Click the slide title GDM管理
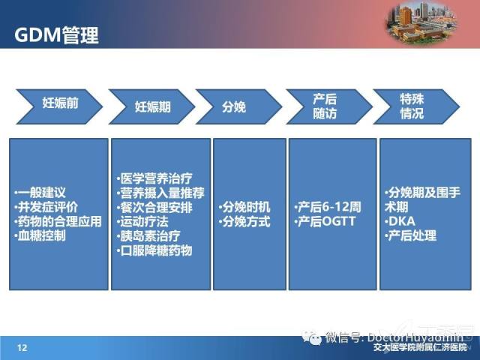pyautogui.click(x=56, y=35)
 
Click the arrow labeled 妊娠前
pyautogui.click(x=59, y=106)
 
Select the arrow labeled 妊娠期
pyautogui.click(x=151, y=106)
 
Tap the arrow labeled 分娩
pyautogui.click(x=238, y=106)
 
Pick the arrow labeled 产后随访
pyautogui.click(x=329, y=106)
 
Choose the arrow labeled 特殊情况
pyautogui.click(x=416, y=106)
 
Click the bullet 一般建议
pyautogui.click(x=40, y=193)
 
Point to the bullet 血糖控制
pyautogui.click(x=40, y=235)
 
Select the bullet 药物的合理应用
pyautogui.click(x=58, y=221)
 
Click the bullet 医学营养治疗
pyautogui.click(x=154, y=178)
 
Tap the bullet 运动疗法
pyautogui.click(x=142, y=222)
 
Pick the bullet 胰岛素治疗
pyautogui.click(x=148, y=236)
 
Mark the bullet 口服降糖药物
pyautogui.click(x=154, y=250)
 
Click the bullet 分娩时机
pyautogui.click(x=244, y=207)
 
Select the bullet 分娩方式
pyautogui.click(x=244, y=222)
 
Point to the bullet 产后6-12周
pyautogui.click(x=328, y=207)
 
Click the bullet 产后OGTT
pyautogui.click(x=325, y=222)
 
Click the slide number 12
pyautogui.click(x=22, y=348)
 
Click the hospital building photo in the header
pyautogui.click(x=421, y=23)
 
